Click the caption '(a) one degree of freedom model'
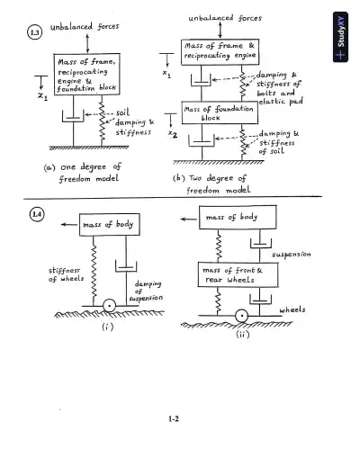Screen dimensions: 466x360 82,173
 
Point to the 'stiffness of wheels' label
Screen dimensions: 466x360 53,273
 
